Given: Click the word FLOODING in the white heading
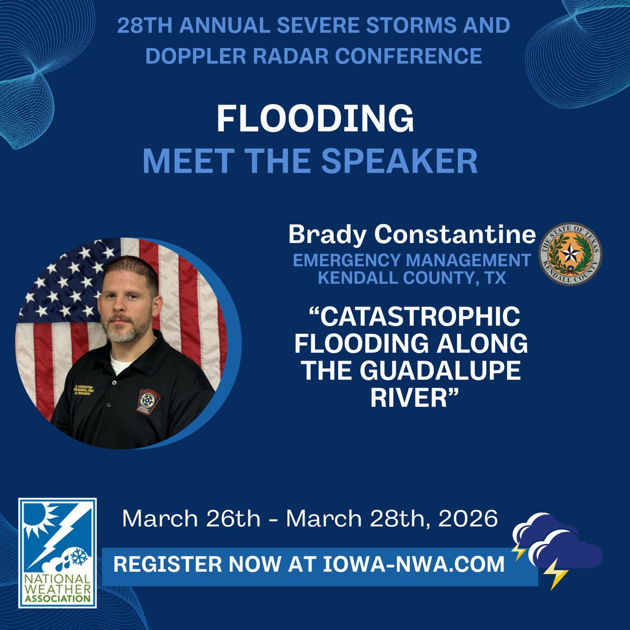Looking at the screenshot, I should (315, 120).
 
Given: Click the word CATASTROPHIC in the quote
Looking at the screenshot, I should (415, 317).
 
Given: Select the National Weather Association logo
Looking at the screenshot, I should (57, 552).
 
